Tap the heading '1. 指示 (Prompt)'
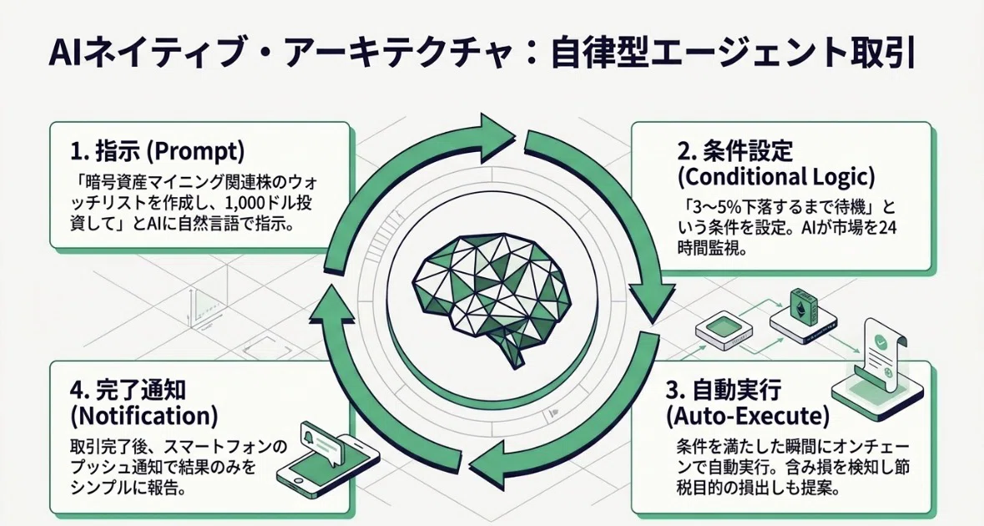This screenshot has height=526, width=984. click(x=157, y=152)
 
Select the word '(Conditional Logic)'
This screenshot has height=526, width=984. click(x=776, y=178)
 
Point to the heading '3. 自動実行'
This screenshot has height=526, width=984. click(x=723, y=390)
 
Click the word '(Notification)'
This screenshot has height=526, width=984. click(x=144, y=416)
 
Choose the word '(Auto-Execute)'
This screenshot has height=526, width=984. click(x=747, y=416)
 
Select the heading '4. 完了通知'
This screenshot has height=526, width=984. click(x=128, y=390)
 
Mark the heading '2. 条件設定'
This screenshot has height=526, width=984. click(x=735, y=152)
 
